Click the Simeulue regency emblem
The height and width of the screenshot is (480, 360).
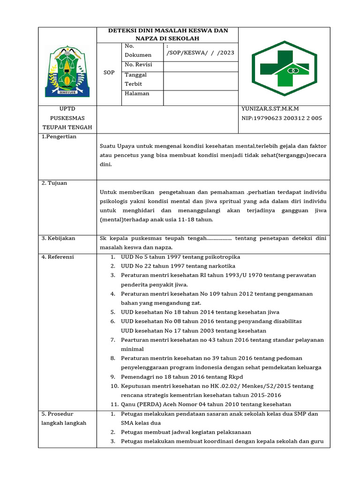point(67,71)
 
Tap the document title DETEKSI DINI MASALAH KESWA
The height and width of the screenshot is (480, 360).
point(168,34)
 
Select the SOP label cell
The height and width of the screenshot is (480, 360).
point(109,73)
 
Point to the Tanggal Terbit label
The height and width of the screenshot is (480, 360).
point(136,79)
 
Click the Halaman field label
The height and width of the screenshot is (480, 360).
point(137,93)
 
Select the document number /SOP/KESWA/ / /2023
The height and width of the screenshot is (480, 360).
point(200,53)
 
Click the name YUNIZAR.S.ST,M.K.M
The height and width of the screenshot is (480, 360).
point(270,109)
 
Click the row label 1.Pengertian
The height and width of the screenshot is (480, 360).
point(59,136)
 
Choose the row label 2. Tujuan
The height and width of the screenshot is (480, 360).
point(54,183)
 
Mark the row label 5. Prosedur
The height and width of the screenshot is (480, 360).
point(57,414)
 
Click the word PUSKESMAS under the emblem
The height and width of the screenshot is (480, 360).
point(67,118)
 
